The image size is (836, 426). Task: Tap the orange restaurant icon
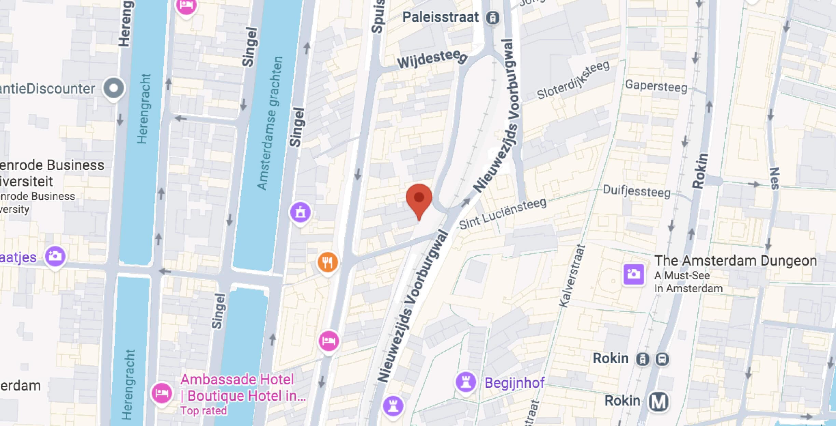(x=328, y=262)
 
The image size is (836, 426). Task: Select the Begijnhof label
(x=514, y=383)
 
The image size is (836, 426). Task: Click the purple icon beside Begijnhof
(x=465, y=382)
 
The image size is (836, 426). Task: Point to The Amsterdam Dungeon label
(x=735, y=261)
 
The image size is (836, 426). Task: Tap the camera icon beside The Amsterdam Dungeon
(x=633, y=274)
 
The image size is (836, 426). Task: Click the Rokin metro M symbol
(x=658, y=401)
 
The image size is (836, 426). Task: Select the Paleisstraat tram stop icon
(x=492, y=18)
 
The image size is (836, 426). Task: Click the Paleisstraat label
(x=441, y=17)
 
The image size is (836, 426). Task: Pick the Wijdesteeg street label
(x=432, y=59)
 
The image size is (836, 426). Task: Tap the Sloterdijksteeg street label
(x=573, y=80)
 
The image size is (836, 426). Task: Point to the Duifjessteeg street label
(x=636, y=191)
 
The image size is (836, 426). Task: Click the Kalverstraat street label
(x=572, y=276)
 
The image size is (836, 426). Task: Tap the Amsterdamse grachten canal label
(x=270, y=123)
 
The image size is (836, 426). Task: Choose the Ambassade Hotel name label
(x=237, y=380)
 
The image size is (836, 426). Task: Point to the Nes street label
(x=775, y=178)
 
